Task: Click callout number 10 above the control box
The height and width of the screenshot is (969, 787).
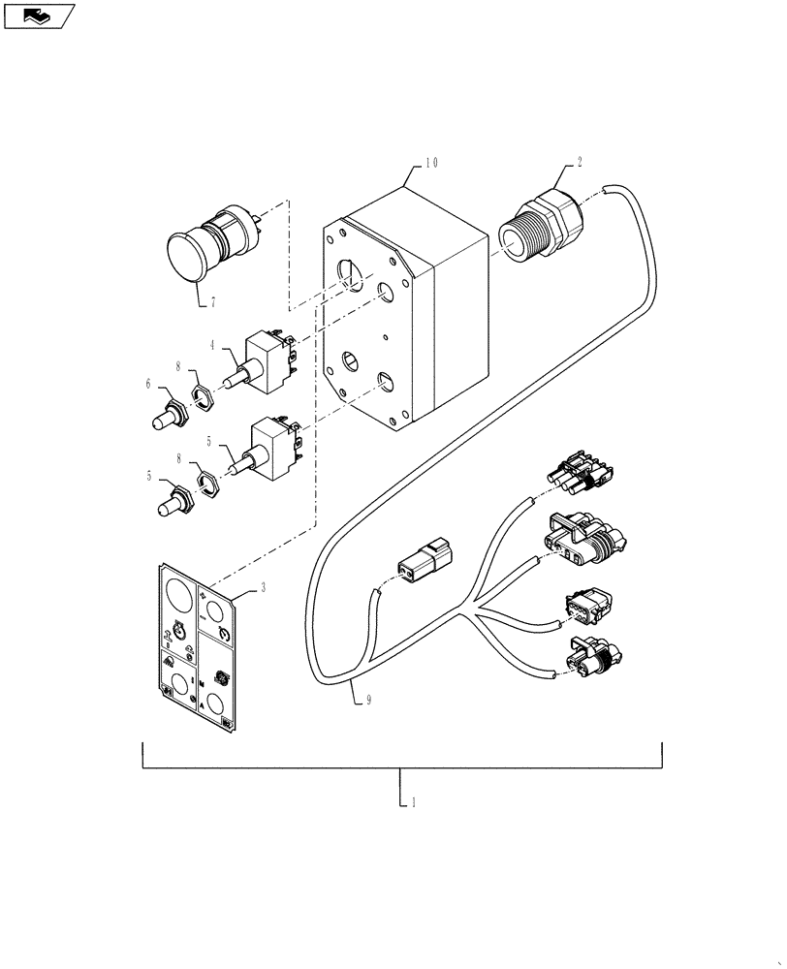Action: pyautogui.click(x=429, y=164)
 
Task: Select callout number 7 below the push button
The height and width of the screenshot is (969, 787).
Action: pyautogui.click(x=211, y=303)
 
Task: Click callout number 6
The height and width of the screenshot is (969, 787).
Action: pyautogui.click(x=149, y=385)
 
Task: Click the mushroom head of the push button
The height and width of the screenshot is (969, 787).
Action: pyautogui.click(x=185, y=257)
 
